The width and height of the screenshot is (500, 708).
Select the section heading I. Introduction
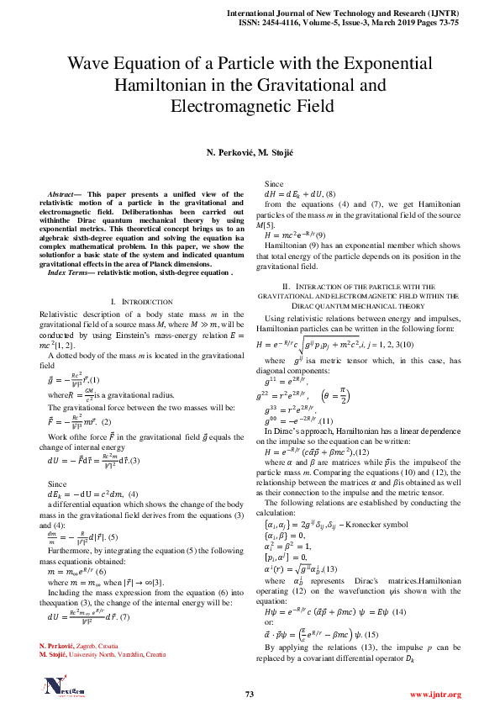[140, 301]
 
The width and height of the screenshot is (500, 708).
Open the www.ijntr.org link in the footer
[435, 695]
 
